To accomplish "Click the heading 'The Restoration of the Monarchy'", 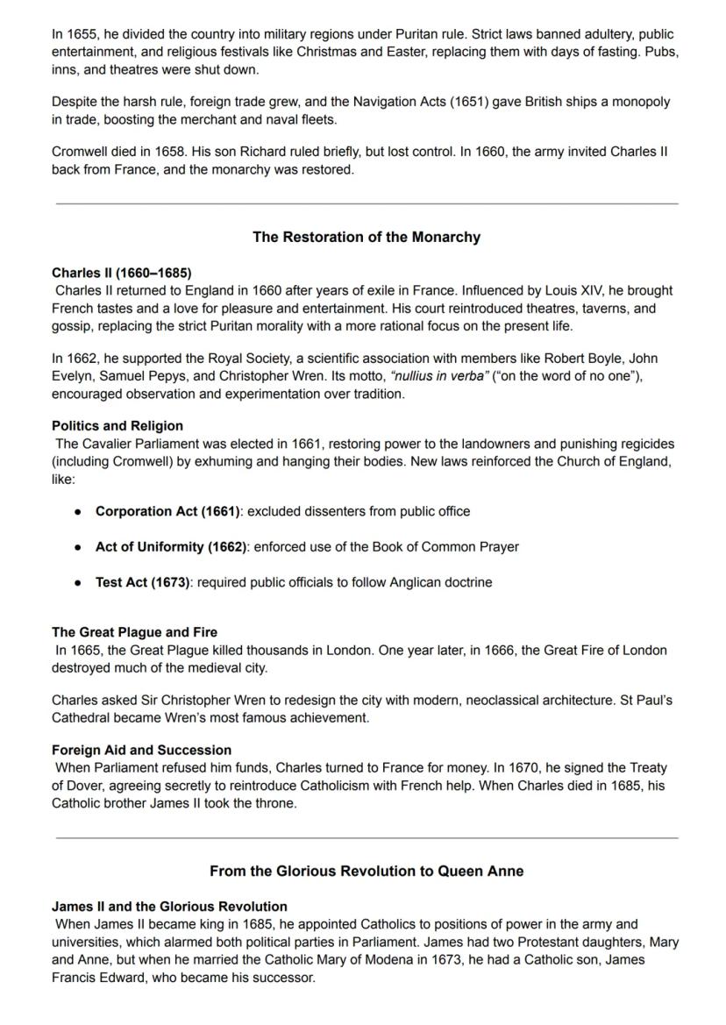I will click(366, 238).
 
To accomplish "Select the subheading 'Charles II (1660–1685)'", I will click(121, 273).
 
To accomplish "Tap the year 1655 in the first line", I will click(83, 35).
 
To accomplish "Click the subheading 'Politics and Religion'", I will click(117, 426).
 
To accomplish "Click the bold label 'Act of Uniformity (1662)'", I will click(171, 547).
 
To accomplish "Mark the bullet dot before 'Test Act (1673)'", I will click(79, 583).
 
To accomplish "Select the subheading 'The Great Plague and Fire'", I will click(134, 632).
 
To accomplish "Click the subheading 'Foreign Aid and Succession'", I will click(141, 751).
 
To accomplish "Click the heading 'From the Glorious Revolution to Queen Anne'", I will click(366, 872).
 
